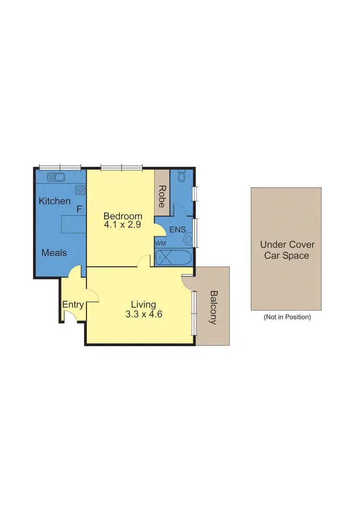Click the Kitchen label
tap(54, 201)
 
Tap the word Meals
tap(54, 253)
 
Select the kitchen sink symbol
tap(57, 177)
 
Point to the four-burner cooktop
tap(80, 190)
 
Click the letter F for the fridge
tap(79, 210)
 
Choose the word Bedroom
tap(123, 216)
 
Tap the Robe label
tap(162, 196)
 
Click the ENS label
tap(177, 230)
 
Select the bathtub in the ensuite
tap(173, 258)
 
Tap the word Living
tap(144, 304)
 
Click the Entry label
tap(73, 304)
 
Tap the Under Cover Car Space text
tap(286, 250)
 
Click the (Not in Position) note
tap(287, 317)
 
